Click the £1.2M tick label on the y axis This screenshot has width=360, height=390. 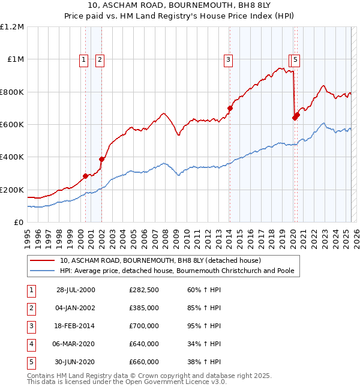pos(12,27)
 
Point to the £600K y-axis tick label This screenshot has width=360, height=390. pos(12,125)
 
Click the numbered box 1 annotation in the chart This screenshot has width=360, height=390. pos(83,59)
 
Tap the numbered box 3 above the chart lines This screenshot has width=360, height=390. pos(229,59)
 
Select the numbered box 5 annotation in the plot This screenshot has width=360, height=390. pos(297,59)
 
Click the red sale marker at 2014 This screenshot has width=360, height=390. pos(230,109)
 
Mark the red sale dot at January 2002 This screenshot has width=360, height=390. pos(101,160)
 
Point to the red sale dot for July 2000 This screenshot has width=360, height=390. pos(86,176)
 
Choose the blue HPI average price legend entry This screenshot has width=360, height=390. pos(176,271)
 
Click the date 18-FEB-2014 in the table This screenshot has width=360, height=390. pos(76,326)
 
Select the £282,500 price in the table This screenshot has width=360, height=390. pos(144,290)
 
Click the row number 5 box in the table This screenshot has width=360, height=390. pos(31,362)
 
